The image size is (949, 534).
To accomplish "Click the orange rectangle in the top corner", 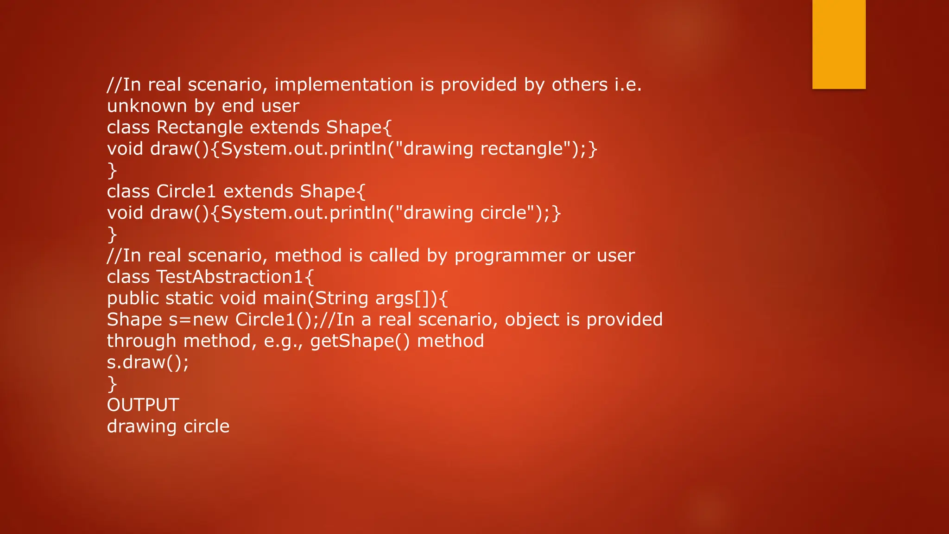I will [839, 44].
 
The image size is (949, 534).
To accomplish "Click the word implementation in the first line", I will [343, 85].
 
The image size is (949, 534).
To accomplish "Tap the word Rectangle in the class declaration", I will [200, 127].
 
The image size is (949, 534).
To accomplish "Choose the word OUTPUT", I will [143, 405].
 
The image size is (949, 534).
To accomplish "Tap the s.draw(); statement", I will [148, 362].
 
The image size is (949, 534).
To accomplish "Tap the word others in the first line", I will [579, 85].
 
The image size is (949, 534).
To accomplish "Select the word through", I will [141, 341].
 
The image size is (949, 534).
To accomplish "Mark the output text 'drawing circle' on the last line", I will [168, 426].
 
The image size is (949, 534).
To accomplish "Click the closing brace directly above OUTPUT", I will [112, 384].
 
